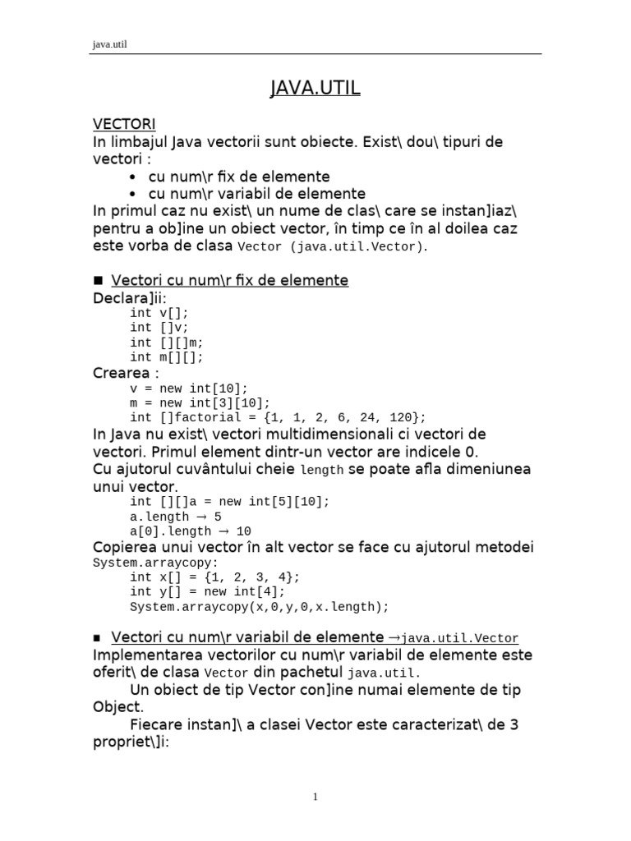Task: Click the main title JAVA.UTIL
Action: [315, 87]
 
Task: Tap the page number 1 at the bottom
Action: [315, 796]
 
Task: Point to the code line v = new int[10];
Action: [188, 388]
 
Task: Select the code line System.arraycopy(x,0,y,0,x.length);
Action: [259, 606]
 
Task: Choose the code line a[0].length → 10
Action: [190, 531]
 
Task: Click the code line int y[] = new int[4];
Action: [207, 591]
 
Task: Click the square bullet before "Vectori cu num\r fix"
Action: [99, 282]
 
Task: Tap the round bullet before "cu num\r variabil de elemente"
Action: [133, 194]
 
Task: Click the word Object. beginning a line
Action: [118, 706]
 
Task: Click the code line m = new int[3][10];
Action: [200, 402]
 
